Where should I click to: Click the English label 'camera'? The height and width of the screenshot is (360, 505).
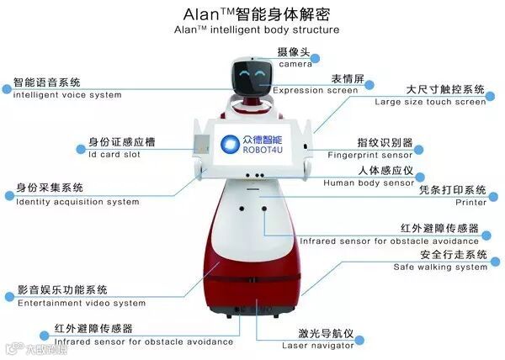pos(295,64)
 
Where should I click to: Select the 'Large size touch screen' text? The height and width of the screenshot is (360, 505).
pos(430,102)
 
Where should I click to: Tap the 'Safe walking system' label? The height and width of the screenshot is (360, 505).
pos(440,267)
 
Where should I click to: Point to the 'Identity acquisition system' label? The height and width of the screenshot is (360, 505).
pos(77,202)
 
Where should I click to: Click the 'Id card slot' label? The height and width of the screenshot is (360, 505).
pos(121,155)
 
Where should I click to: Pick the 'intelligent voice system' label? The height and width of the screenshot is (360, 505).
pos(67,95)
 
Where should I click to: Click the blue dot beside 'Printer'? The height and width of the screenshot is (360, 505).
pos(493,197)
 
